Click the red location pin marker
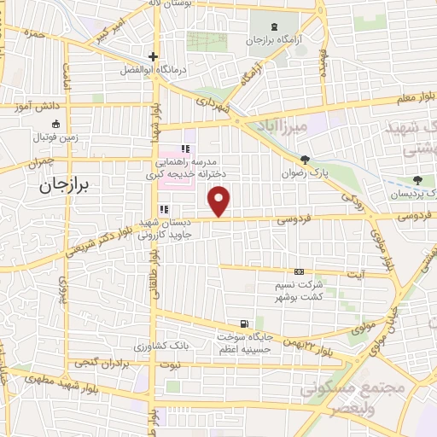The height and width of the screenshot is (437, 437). (x=220, y=201)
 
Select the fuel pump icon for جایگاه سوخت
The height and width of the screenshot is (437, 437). (x=245, y=323)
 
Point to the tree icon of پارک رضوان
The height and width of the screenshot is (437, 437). (x=305, y=160)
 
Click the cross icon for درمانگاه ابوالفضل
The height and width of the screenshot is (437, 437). (x=153, y=56)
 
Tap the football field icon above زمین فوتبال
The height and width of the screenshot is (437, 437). (x=55, y=124)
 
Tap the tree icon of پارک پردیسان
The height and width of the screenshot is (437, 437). (x=417, y=180)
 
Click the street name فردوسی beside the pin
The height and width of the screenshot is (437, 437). (x=293, y=219)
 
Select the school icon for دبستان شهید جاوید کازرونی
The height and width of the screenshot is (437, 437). (x=163, y=209)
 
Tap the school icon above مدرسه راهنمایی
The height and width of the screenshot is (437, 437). (x=185, y=149)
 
